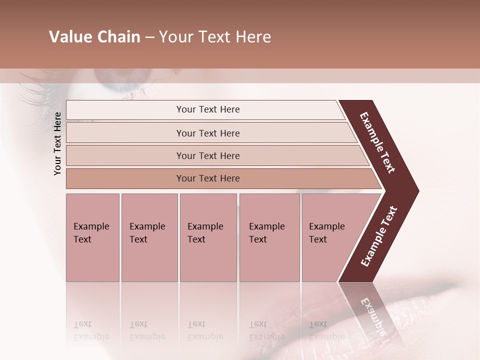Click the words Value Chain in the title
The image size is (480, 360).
pyautogui.click(x=94, y=37)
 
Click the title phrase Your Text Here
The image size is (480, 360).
pyautogui.click(x=215, y=37)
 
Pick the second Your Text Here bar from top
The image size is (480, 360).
pyautogui.click(x=208, y=133)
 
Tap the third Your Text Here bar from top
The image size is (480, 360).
pyautogui.click(x=208, y=155)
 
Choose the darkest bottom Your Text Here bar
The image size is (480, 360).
pyautogui.click(x=208, y=178)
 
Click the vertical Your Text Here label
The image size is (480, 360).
pyautogui.click(x=57, y=143)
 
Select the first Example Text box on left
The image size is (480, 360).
pyautogui.click(x=92, y=237)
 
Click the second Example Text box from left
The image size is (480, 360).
pyautogui.click(x=149, y=237)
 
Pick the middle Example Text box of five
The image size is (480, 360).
pyautogui.click(x=208, y=237)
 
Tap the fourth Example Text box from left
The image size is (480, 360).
pyautogui.click(x=269, y=237)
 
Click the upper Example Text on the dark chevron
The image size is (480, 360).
pyautogui.click(x=377, y=142)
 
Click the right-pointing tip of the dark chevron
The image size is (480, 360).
pyautogui.click(x=415, y=190)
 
